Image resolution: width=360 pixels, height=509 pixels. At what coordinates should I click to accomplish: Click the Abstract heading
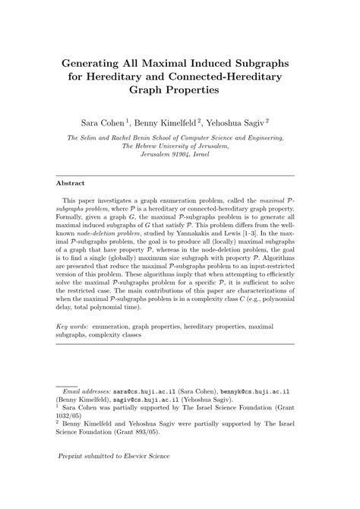point(73,183)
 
